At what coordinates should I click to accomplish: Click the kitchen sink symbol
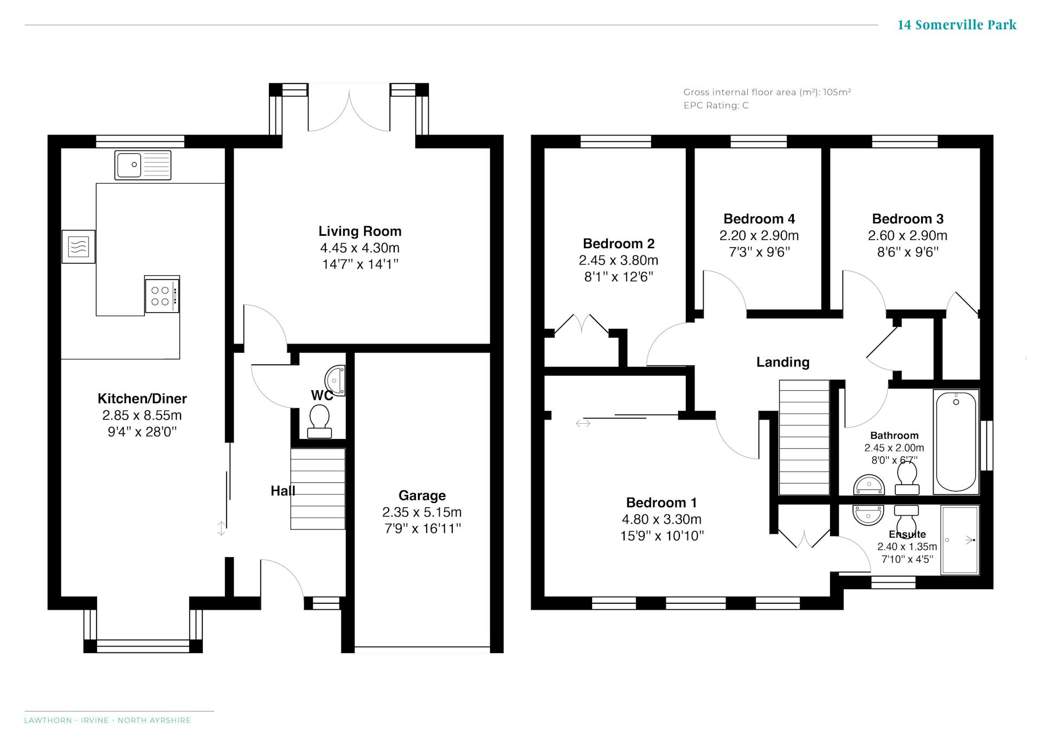(x=143, y=165)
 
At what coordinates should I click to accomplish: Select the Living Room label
(x=360, y=231)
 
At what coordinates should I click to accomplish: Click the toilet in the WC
(x=319, y=422)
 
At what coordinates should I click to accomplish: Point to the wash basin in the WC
(x=336, y=381)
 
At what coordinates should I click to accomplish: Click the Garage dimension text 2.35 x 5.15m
(x=422, y=512)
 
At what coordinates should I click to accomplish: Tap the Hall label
(x=283, y=491)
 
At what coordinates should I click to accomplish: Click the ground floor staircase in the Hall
(x=318, y=488)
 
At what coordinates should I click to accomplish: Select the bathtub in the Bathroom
(x=956, y=442)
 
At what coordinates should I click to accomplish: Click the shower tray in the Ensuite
(x=960, y=540)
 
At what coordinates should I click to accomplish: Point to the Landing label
(x=783, y=362)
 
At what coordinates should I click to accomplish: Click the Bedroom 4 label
(x=759, y=219)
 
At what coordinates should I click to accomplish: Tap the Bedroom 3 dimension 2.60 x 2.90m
(x=908, y=236)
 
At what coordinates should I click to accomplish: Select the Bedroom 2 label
(x=619, y=244)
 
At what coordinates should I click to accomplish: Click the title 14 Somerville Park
(x=957, y=25)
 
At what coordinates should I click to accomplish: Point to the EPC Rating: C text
(x=716, y=106)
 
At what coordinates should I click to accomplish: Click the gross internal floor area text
(x=767, y=92)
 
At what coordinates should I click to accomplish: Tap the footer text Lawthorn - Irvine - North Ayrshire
(x=107, y=720)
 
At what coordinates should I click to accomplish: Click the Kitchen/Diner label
(x=142, y=399)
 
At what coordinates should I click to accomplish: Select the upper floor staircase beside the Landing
(x=804, y=437)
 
